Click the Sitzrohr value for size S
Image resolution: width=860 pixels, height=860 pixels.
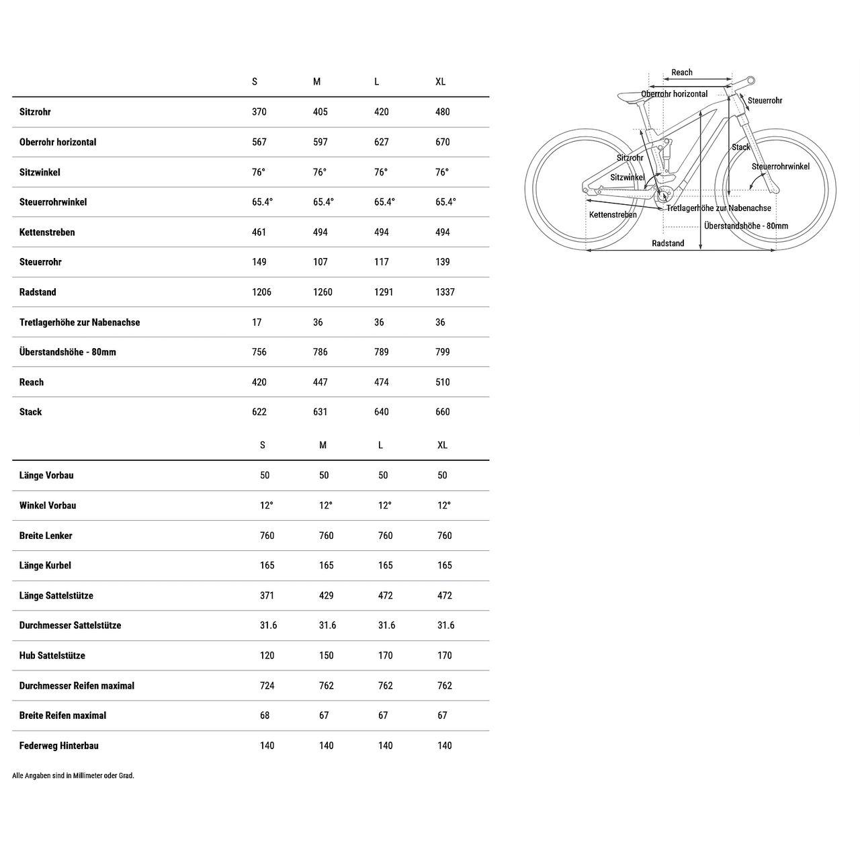pyautogui.click(x=259, y=112)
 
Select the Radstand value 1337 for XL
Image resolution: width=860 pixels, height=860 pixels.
pyautogui.click(x=445, y=292)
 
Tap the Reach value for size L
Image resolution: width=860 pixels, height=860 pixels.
pyautogui.click(x=381, y=382)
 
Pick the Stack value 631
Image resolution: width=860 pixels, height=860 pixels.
pyautogui.click(x=320, y=412)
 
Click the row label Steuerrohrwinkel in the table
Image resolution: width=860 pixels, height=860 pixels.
pyautogui.click(x=53, y=202)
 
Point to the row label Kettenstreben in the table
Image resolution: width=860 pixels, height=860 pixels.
pyautogui.click(x=47, y=232)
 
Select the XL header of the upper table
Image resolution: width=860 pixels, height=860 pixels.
pyautogui.click(x=440, y=82)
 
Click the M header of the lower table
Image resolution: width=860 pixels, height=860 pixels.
pyautogui.click(x=322, y=445)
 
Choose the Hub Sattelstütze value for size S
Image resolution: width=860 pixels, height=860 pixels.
pyautogui.click(x=267, y=656)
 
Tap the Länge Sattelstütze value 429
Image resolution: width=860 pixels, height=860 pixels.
pyautogui.click(x=326, y=596)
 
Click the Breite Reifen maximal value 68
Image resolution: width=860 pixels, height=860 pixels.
pyautogui.click(x=265, y=716)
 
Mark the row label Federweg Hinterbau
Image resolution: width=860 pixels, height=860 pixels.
pyautogui.click(x=59, y=746)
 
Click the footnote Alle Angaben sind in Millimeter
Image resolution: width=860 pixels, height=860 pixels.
pyautogui.click(x=73, y=775)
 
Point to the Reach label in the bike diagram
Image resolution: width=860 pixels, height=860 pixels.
pyautogui.click(x=681, y=73)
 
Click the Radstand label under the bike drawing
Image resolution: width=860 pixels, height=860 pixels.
pyautogui.click(x=668, y=243)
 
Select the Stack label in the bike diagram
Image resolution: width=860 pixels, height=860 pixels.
pyautogui.click(x=740, y=147)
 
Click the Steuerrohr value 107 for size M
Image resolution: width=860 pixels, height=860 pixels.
pyautogui.click(x=320, y=262)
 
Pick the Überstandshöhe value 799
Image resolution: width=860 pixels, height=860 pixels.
pyautogui.click(x=442, y=352)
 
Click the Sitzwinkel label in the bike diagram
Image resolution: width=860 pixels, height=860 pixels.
pyautogui.click(x=627, y=177)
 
